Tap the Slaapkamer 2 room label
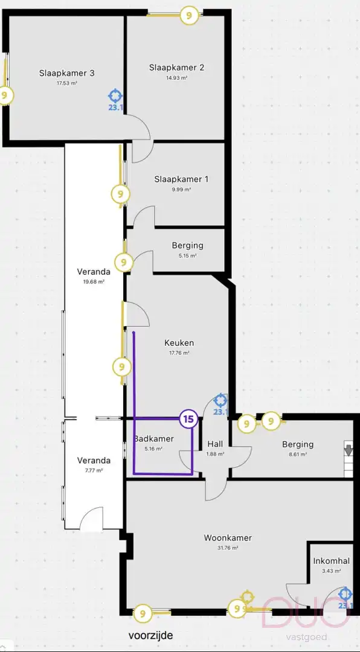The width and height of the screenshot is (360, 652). coord(176,68)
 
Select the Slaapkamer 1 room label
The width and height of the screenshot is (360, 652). coord(181,179)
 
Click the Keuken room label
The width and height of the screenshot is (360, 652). coord(179,343)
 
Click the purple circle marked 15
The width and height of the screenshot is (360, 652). coord(188,418)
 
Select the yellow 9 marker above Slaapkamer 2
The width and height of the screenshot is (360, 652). coord(190,16)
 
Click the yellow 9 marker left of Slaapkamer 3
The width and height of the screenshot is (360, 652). coord(5,95)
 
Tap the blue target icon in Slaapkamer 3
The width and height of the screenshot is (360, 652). coord(115,95)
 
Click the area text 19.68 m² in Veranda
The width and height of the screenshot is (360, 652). coord(94,281)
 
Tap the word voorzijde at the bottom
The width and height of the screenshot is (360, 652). coord(150,635)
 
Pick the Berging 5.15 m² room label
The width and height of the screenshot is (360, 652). coord(187,246)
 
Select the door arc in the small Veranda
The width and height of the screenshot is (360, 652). coord(92,518)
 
